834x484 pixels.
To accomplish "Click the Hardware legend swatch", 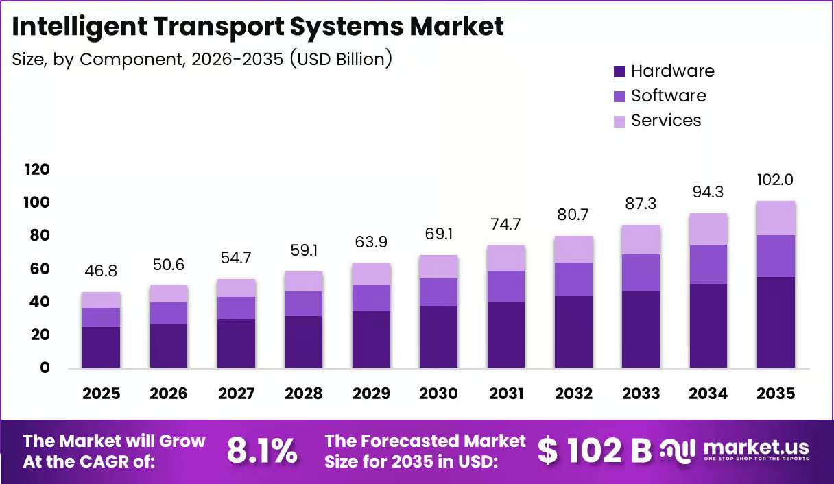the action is click(x=619, y=72).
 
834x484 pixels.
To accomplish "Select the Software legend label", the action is click(x=669, y=96).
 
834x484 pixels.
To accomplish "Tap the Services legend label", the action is click(x=666, y=121).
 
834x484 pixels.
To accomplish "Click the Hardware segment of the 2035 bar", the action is click(x=776, y=322).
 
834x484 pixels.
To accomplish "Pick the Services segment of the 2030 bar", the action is click(x=438, y=267).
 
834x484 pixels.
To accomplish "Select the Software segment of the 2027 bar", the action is click(x=237, y=308).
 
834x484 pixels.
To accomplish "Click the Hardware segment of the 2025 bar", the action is click(x=102, y=348).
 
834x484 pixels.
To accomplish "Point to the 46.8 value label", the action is click(x=101, y=271).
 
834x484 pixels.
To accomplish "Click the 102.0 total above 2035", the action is click(x=775, y=180).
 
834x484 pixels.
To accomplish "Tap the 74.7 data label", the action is click(x=505, y=224).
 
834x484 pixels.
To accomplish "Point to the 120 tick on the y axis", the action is click(x=37, y=169).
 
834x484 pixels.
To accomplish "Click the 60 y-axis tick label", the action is click(x=40, y=269).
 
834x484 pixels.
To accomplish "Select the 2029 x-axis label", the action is click(x=371, y=394).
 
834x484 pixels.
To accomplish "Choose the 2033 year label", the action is click(x=641, y=394).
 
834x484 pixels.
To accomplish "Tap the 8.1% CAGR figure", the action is click(x=262, y=451).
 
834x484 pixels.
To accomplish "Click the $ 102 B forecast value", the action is click(x=595, y=451).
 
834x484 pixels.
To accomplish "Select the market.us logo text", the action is click(x=756, y=447).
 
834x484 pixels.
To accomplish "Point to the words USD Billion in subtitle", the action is click(x=341, y=60).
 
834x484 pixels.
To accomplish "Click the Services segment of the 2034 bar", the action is click(x=708, y=229).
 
